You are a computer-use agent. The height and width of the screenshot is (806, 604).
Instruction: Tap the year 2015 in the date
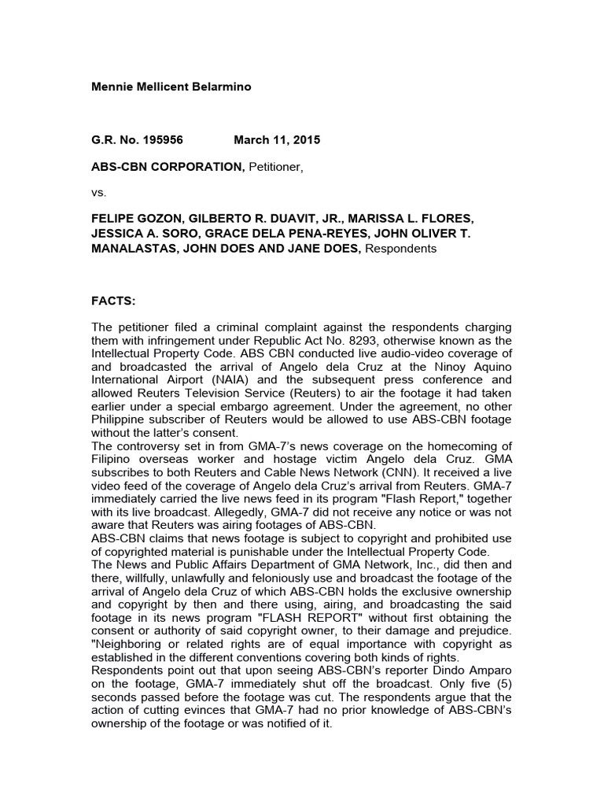(304, 140)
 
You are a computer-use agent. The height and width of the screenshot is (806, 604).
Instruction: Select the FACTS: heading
(114, 300)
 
